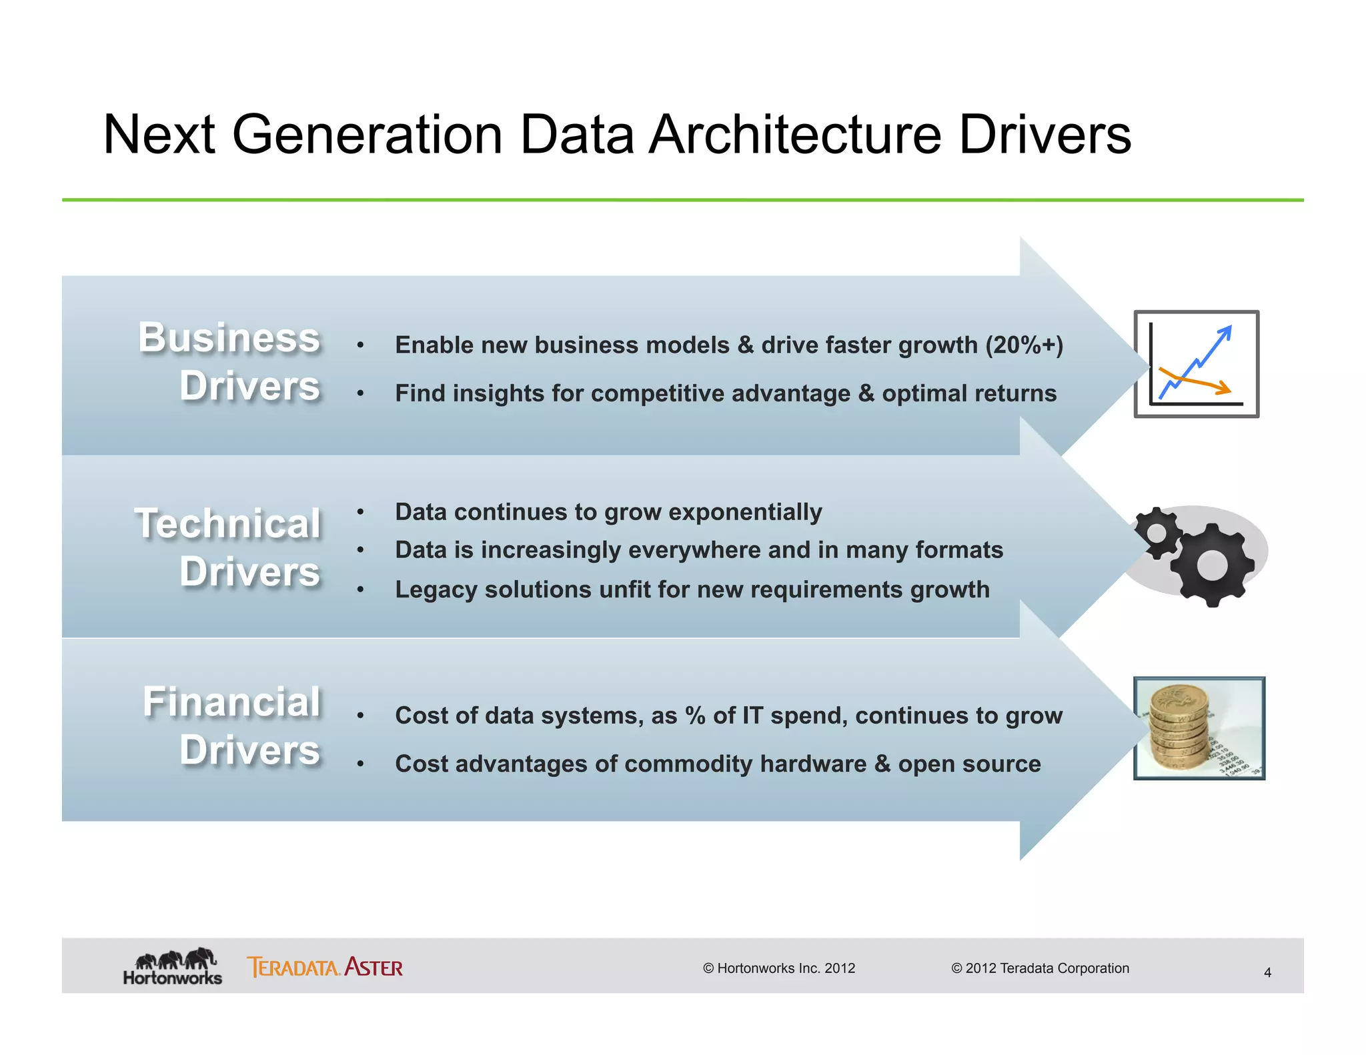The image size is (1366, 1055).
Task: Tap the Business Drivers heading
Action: click(x=229, y=361)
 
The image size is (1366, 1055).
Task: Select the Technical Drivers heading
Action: click(x=228, y=548)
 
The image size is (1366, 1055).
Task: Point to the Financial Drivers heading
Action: click(x=232, y=726)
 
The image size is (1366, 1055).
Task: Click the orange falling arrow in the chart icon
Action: click(x=1201, y=383)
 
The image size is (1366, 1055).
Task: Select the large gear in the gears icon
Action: click(x=1211, y=566)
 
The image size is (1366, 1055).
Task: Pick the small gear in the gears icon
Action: click(x=1157, y=533)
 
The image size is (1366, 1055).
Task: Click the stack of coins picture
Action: click(x=1199, y=728)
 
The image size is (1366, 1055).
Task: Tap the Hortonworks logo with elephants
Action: click(x=173, y=966)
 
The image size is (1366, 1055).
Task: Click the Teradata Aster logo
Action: click(x=325, y=967)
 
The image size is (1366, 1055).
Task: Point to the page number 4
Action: click(x=1267, y=973)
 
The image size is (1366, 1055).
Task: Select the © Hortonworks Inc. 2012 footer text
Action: click(x=778, y=968)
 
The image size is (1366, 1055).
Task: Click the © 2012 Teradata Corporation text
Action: click(x=1040, y=968)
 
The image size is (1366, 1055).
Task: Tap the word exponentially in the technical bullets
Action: click(x=745, y=512)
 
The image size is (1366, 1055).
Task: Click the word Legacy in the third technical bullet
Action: click(x=436, y=590)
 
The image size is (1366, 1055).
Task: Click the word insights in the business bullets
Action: click(x=498, y=394)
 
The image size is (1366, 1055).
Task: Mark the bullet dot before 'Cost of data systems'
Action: click(x=360, y=716)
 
